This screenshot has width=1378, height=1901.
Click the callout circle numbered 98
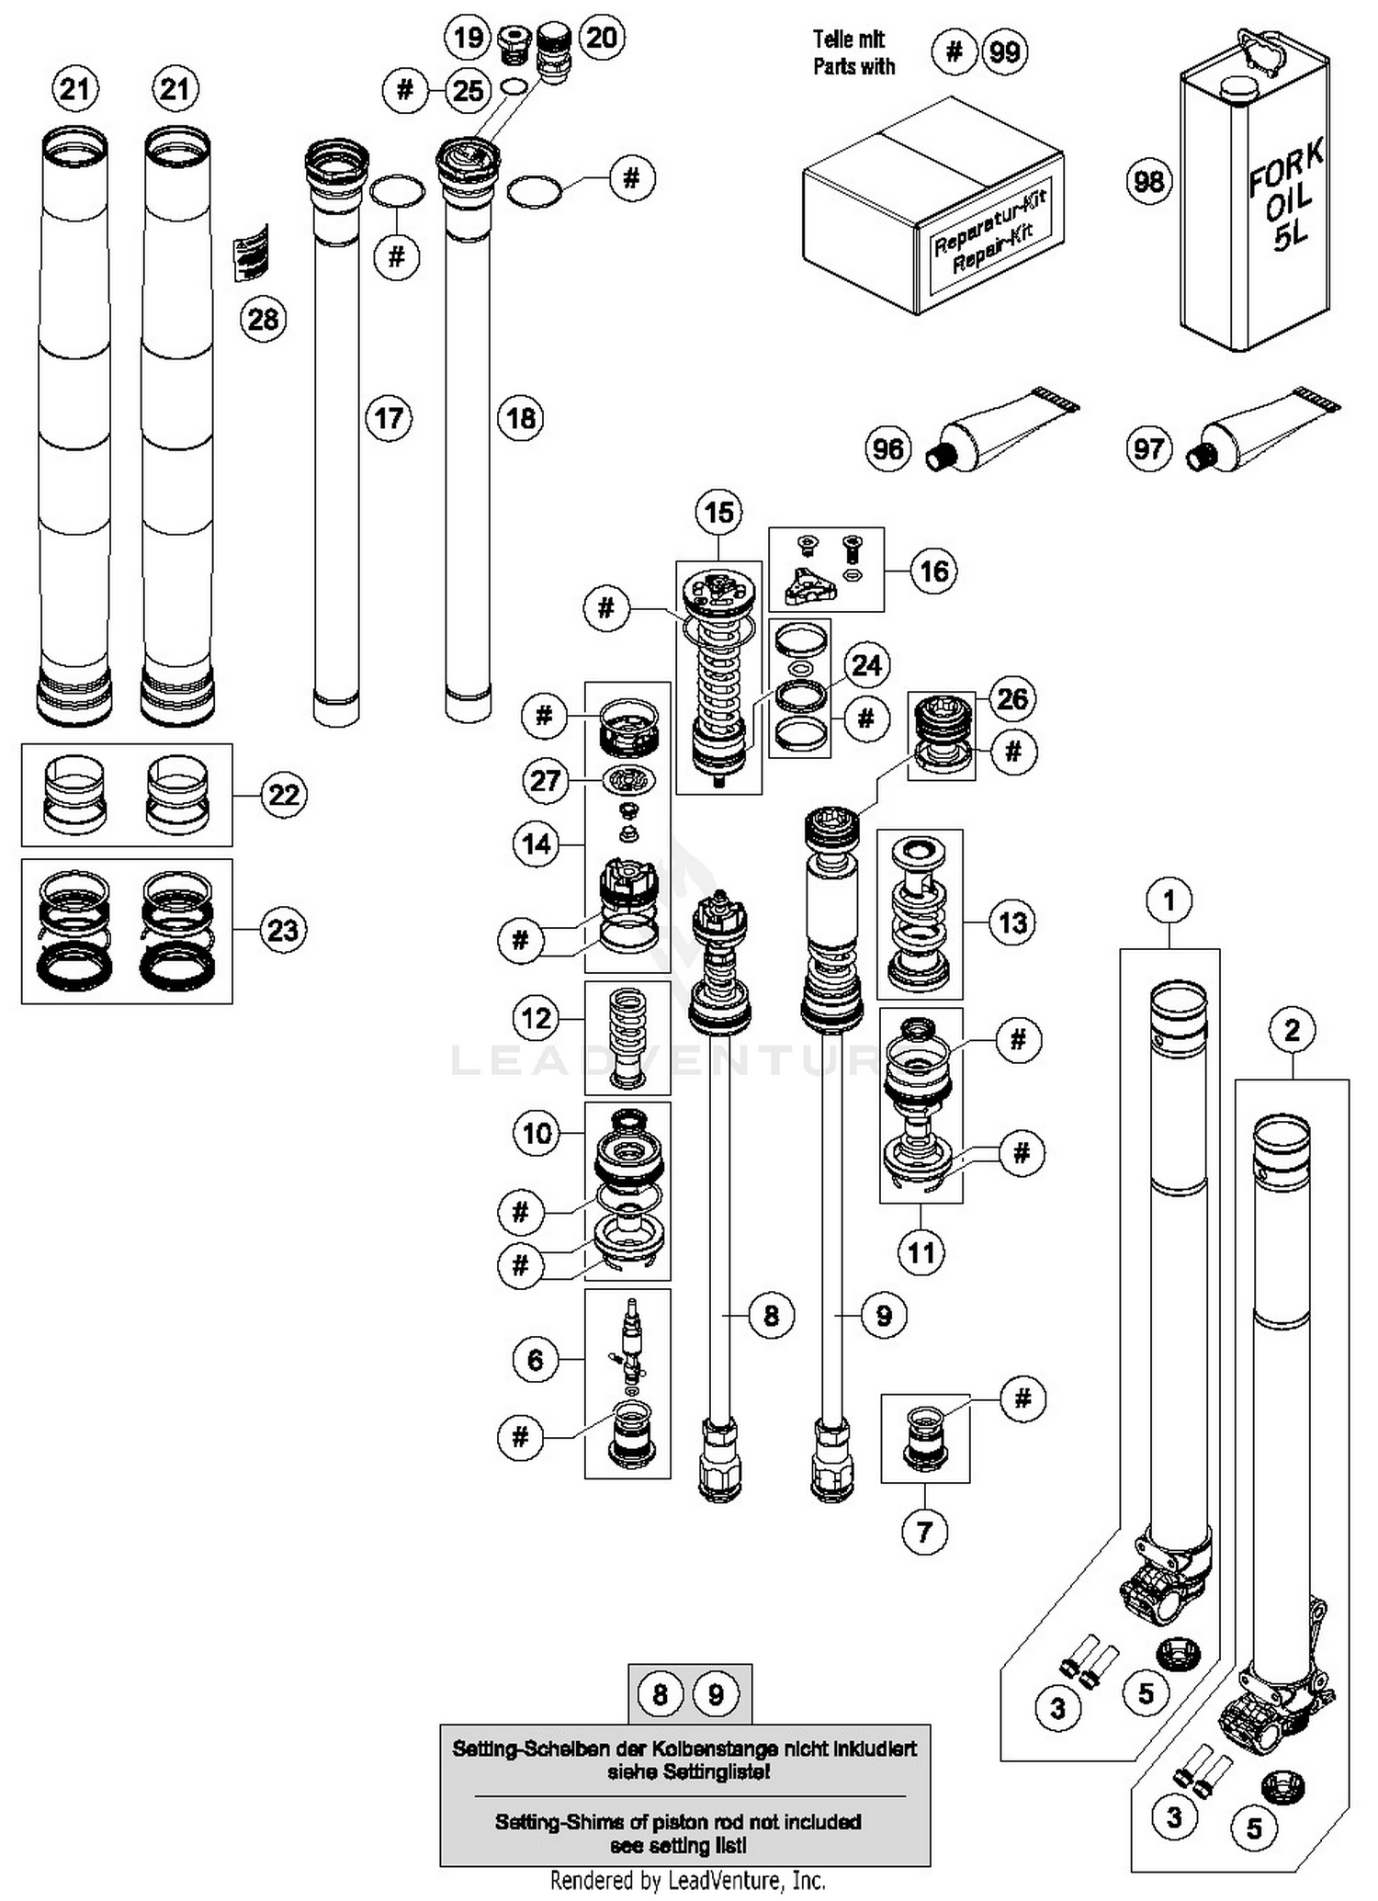(x=1148, y=181)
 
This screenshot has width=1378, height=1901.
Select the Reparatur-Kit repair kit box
(x=932, y=207)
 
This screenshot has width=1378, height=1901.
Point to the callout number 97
(x=1148, y=449)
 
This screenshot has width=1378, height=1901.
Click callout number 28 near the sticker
(x=263, y=319)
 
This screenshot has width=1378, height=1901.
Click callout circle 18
(x=520, y=419)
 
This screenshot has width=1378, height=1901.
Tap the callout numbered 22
(x=283, y=795)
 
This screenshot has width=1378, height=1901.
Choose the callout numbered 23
(x=283, y=930)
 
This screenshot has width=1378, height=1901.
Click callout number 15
(x=718, y=512)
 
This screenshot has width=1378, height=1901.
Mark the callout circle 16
(x=933, y=571)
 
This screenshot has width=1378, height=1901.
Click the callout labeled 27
(x=545, y=781)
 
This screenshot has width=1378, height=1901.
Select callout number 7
(x=924, y=1532)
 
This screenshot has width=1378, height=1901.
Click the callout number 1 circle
(x=1169, y=900)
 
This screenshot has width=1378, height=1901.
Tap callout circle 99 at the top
(x=1004, y=51)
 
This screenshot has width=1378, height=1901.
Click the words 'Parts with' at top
(x=853, y=67)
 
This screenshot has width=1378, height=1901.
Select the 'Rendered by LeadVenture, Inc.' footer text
(x=687, y=1881)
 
